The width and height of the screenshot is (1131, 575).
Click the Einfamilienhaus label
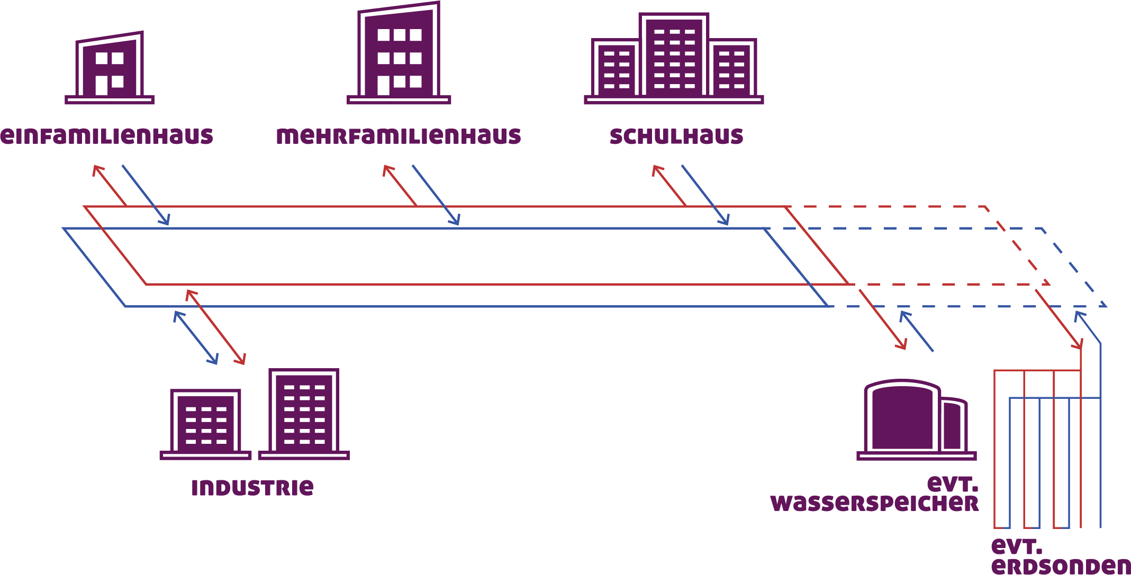(x=106, y=136)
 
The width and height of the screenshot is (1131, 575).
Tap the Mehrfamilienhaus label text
(x=399, y=136)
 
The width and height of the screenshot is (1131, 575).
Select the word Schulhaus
(x=676, y=136)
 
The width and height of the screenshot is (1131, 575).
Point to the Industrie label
(x=252, y=487)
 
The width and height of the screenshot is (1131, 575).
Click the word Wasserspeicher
(x=874, y=503)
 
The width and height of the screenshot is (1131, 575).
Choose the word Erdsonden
(x=1061, y=565)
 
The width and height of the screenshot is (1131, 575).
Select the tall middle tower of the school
(x=674, y=55)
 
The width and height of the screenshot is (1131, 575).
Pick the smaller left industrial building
(x=205, y=423)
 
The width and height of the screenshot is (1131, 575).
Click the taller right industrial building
(x=304, y=413)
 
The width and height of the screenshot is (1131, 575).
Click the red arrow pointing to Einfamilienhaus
(x=110, y=185)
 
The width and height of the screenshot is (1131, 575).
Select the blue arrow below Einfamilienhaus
(x=146, y=195)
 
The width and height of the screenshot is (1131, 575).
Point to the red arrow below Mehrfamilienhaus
(x=400, y=185)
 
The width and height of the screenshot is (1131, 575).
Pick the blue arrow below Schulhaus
(x=705, y=195)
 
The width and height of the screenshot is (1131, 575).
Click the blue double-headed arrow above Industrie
(x=196, y=337)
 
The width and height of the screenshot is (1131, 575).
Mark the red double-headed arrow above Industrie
(x=216, y=327)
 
